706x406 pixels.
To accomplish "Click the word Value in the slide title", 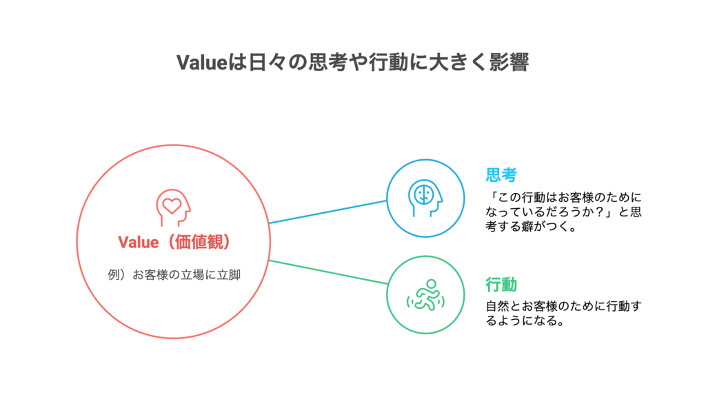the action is [x=202, y=62].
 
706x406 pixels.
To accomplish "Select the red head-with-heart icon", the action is [x=173, y=207].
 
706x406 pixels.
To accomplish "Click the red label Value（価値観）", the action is [x=174, y=242].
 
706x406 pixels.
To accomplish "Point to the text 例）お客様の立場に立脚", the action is [x=174, y=274].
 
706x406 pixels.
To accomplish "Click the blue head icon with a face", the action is [x=425, y=198].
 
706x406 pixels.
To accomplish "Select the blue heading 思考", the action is [x=501, y=174].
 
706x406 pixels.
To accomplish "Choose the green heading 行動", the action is [x=501, y=285].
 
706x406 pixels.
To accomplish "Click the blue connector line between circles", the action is [x=328, y=212].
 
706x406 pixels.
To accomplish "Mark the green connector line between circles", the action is [x=328, y=272].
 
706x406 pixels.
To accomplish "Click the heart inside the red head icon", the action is [x=172, y=205].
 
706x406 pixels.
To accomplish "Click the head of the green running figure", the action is [x=432, y=283].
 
